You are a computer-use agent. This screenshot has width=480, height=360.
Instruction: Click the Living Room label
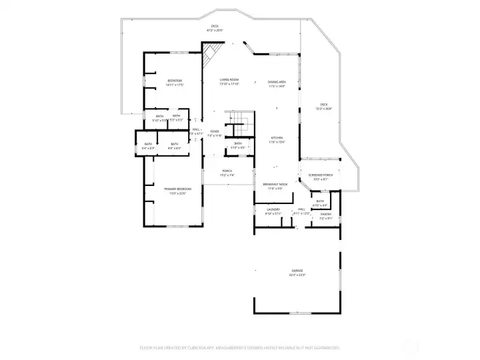[x=229, y=79]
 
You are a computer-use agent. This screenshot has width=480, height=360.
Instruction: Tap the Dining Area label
[x=277, y=81]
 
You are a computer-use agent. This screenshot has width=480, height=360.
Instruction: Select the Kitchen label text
[x=277, y=137]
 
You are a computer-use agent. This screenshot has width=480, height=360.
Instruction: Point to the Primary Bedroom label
[x=174, y=189]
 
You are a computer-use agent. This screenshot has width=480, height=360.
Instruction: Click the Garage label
[x=297, y=270]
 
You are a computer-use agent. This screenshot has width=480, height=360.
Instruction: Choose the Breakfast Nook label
[x=275, y=184]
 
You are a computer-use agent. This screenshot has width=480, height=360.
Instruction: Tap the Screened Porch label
[x=320, y=175]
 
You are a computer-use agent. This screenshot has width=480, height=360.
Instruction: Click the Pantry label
[x=325, y=214]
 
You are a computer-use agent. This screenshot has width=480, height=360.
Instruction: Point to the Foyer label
[x=214, y=131]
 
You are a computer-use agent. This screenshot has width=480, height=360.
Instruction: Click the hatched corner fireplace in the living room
[x=212, y=53]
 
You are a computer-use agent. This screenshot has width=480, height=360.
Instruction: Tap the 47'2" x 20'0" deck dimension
[x=215, y=31]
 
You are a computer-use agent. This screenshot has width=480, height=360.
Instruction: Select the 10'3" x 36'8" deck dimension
[x=323, y=109]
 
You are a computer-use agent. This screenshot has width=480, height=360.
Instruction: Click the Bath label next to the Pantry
[x=320, y=201]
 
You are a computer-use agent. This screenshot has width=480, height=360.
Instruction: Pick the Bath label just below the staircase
[x=238, y=143]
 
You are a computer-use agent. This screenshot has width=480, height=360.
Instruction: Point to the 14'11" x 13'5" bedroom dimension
[x=175, y=85]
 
